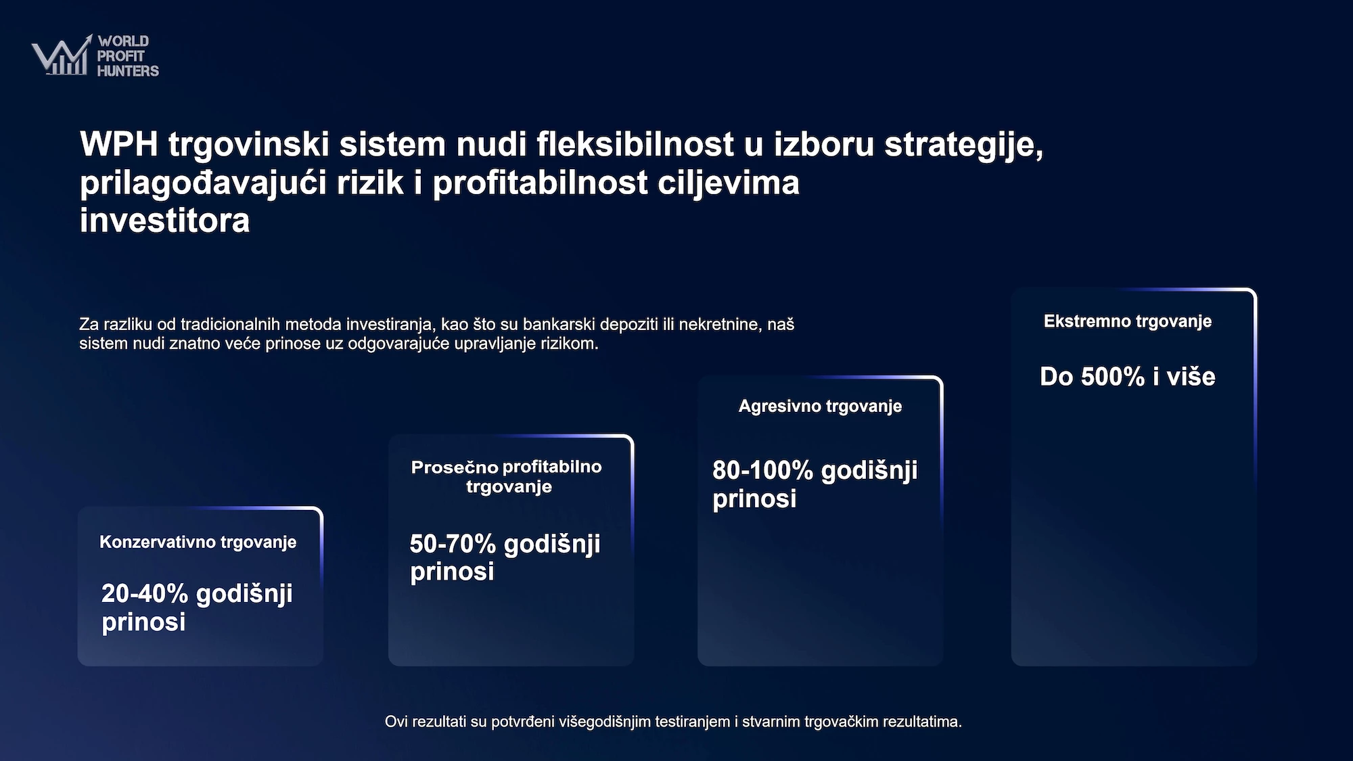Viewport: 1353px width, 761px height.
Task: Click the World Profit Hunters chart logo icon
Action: pos(62,55)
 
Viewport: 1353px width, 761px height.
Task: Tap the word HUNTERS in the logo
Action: pos(128,71)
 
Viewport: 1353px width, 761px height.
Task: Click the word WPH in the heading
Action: pos(119,144)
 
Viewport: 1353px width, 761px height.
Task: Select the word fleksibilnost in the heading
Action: pos(635,144)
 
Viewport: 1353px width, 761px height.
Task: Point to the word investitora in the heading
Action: pos(165,221)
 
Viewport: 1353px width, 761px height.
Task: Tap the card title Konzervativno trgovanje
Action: pos(198,542)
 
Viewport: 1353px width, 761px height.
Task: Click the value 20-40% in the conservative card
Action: pos(145,593)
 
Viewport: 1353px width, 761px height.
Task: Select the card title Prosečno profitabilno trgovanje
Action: pos(507,476)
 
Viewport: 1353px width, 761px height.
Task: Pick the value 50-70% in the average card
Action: pos(453,544)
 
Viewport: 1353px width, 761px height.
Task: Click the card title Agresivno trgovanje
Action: pos(821,406)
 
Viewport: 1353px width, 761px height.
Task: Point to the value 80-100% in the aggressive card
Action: pos(762,470)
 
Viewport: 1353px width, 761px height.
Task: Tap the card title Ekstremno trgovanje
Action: pos(1128,321)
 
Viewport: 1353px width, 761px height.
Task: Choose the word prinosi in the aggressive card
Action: pos(754,499)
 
